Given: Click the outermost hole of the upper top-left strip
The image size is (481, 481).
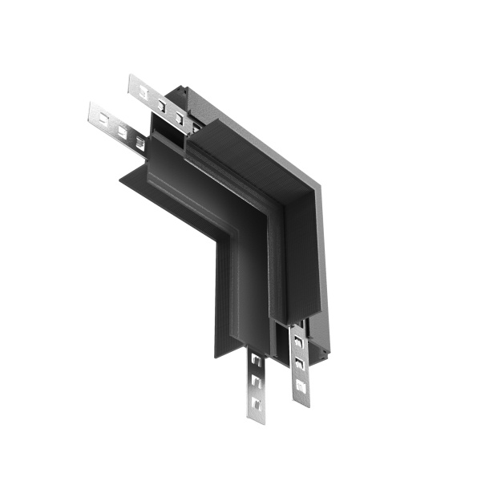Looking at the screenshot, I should tap(143, 92).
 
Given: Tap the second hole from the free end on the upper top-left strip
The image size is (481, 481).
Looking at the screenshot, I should tap(162, 105).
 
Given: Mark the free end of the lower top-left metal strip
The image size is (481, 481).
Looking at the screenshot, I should tap(91, 109).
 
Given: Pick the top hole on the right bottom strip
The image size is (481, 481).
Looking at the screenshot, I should tap(297, 342).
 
